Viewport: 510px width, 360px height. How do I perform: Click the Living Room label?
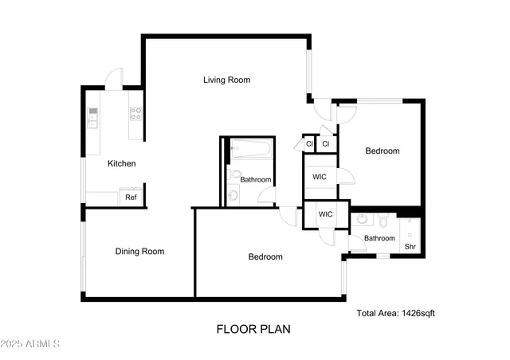click(x=226, y=80)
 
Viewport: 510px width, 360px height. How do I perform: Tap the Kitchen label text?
click(x=122, y=163)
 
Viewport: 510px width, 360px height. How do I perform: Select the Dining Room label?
click(x=139, y=252)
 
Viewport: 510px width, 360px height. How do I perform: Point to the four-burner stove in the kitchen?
click(x=136, y=114)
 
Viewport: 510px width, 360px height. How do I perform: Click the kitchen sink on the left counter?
click(x=93, y=120)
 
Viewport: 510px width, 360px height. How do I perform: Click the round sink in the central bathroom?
click(x=232, y=195)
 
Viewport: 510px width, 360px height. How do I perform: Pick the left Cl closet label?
click(x=308, y=144)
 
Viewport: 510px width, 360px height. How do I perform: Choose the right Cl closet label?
click(x=326, y=144)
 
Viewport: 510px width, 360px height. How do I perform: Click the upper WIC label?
click(x=319, y=176)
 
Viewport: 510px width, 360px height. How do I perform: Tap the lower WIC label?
click(x=325, y=214)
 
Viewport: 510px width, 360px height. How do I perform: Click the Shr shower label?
click(x=410, y=247)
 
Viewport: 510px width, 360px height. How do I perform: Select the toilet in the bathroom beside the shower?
click(x=383, y=217)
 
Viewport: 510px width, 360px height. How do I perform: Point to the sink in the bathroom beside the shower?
click(x=363, y=218)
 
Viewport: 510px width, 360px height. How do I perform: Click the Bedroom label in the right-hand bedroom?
click(x=382, y=151)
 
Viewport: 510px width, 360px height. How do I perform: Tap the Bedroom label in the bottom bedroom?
click(x=265, y=256)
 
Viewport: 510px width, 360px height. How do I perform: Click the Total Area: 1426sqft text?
click(x=396, y=314)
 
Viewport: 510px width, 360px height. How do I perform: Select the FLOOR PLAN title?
click(x=253, y=328)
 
